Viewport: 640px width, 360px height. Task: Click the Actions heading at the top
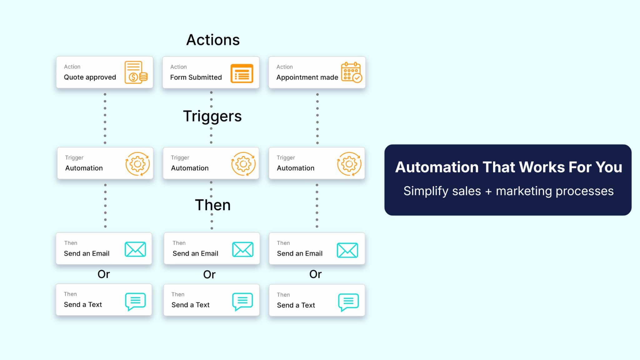coord(213,40)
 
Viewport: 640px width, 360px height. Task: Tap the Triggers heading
coord(212,116)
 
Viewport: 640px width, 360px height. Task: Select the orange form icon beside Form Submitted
coord(242,73)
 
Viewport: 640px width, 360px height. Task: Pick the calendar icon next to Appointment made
coord(351,72)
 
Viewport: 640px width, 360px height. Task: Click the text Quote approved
coord(90,77)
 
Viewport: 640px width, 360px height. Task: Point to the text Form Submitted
coord(196,77)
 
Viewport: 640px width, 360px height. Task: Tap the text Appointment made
coord(307,77)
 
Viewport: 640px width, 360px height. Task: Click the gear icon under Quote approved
coord(137,164)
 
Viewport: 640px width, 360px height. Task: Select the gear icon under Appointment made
coord(349,164)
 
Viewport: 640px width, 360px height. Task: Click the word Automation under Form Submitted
coord(190,168)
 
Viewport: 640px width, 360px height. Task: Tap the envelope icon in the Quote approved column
coord(135,249)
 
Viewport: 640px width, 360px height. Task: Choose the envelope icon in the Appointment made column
coord(347,250)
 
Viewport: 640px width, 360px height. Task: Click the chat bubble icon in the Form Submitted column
coord(242,301)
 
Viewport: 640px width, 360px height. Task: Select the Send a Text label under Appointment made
coord(296,305)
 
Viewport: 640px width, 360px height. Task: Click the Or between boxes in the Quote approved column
coord(103,274)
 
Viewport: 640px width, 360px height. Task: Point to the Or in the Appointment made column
coord(315,274)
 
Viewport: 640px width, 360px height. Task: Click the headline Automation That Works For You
coord(508,167)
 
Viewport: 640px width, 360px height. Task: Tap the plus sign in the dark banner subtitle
coord(488,192)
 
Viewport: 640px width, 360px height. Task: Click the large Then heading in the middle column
coord(212,205)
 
